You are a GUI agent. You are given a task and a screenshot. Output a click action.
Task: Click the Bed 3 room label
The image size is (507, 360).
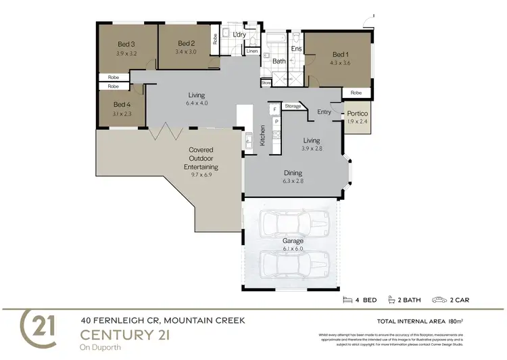[126, 45]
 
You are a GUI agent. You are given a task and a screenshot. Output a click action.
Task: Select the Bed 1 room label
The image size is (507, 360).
[339, 55]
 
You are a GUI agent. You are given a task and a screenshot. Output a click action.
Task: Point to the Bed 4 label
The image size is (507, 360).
[122, 104]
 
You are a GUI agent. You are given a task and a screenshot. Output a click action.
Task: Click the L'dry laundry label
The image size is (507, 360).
[238, 34]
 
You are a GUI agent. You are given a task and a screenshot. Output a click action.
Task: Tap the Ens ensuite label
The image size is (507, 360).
[295, 49]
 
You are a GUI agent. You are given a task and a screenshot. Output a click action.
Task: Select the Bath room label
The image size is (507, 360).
[279, 61]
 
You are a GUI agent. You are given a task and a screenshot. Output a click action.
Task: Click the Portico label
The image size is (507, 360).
[357, 113]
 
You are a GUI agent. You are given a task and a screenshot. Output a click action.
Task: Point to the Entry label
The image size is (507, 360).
[324, 112]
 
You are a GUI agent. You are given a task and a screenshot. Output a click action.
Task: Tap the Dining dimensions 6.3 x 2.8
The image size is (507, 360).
[293, 181]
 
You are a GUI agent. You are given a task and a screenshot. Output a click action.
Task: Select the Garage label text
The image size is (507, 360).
[293, 240]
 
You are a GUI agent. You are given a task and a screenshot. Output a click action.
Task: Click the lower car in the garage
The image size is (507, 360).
[293, 262]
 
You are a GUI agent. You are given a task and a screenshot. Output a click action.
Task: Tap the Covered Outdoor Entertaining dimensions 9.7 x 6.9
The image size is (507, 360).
[200, 174]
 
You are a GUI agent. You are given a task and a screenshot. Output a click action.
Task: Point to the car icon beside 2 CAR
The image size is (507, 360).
[439, 299]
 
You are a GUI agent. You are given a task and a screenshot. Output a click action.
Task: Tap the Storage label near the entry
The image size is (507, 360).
[293, 106]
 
